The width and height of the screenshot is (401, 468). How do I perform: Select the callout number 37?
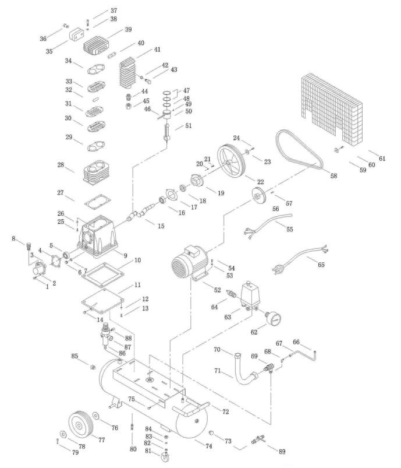113,10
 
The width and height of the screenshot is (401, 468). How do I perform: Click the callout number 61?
382,158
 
